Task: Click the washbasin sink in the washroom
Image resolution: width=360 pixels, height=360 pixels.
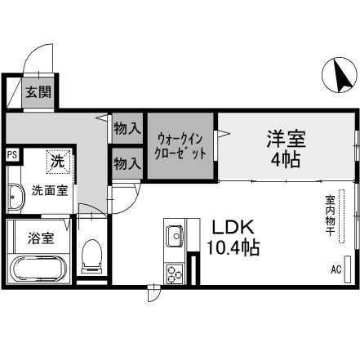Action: click(16, 196)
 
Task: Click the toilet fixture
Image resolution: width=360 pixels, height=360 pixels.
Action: click(91, 256)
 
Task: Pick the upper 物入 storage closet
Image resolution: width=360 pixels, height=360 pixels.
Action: click(126, 128)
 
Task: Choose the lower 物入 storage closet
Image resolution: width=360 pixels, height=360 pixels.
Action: click(126, 163)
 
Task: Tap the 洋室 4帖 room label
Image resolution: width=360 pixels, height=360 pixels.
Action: click(285, 148)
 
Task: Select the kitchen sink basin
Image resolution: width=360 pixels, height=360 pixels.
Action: click(175, 238)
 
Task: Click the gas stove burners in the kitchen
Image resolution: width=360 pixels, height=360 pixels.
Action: click(174, 271)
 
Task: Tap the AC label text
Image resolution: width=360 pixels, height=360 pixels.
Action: click(335, 269)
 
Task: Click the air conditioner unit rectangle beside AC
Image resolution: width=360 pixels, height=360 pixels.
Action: click(349, 268)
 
